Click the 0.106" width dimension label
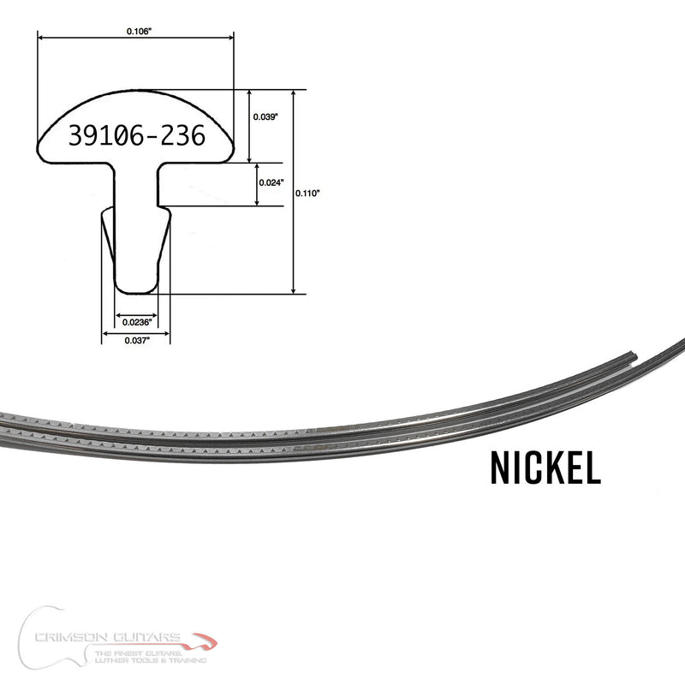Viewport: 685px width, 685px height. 138,31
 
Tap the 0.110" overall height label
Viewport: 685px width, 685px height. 307,194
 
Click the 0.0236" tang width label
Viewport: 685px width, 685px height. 136,323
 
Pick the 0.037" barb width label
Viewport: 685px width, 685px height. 136,340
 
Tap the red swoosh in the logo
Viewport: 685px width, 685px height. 204,640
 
